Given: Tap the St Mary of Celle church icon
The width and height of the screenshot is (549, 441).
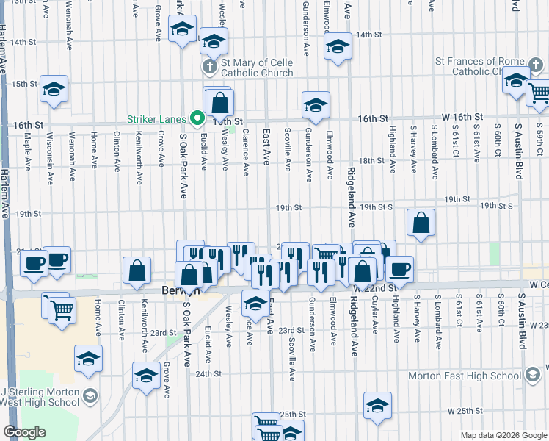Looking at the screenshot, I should (208, 67).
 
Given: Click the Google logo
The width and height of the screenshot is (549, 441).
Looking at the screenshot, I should (24, 432).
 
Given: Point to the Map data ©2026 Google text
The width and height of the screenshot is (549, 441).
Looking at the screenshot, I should (503, 435).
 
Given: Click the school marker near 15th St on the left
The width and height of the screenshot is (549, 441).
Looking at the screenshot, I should (54, 88).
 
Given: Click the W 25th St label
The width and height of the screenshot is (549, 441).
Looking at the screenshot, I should (465, 411).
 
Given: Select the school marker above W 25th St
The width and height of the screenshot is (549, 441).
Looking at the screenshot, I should (378, 405).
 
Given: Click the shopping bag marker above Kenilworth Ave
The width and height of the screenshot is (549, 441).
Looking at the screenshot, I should (137, 270).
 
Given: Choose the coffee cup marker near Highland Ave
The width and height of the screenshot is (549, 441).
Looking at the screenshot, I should (400, 268).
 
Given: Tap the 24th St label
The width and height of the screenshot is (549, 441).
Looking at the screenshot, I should (208, 373).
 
